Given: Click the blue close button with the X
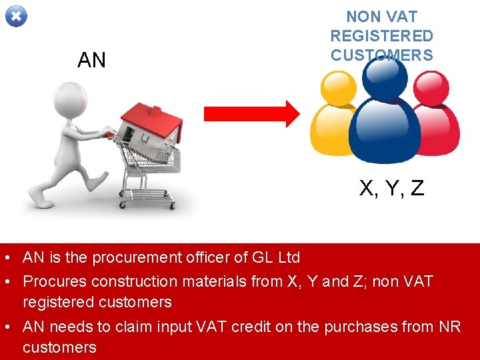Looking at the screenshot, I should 17,16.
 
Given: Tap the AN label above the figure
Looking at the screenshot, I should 91,61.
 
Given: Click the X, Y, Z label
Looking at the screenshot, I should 392,189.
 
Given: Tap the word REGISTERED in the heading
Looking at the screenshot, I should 381,36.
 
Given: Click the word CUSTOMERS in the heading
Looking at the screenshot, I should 381,55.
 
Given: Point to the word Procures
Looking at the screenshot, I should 55,281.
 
